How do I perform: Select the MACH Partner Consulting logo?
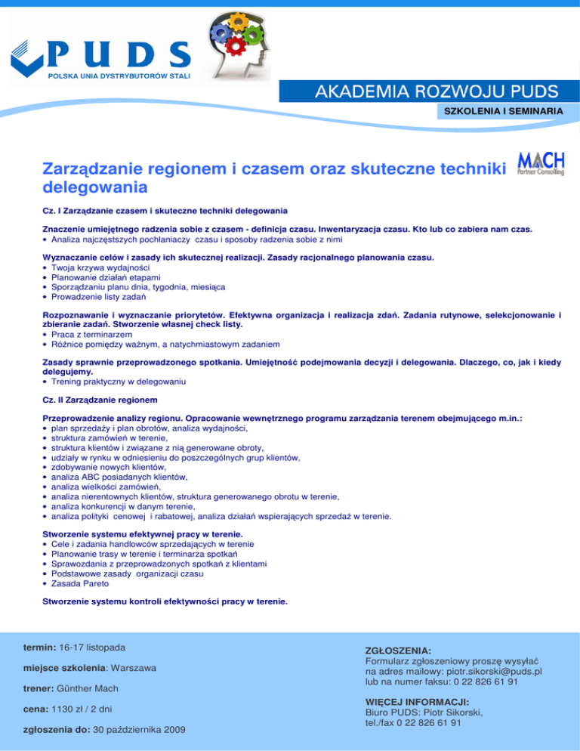click(541, 162)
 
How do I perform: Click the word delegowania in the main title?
click(94, 185)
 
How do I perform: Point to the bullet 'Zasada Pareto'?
click(80, 584)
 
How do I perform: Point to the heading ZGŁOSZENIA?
click(398, 650)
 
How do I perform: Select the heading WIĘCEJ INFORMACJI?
click(417, 701)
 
